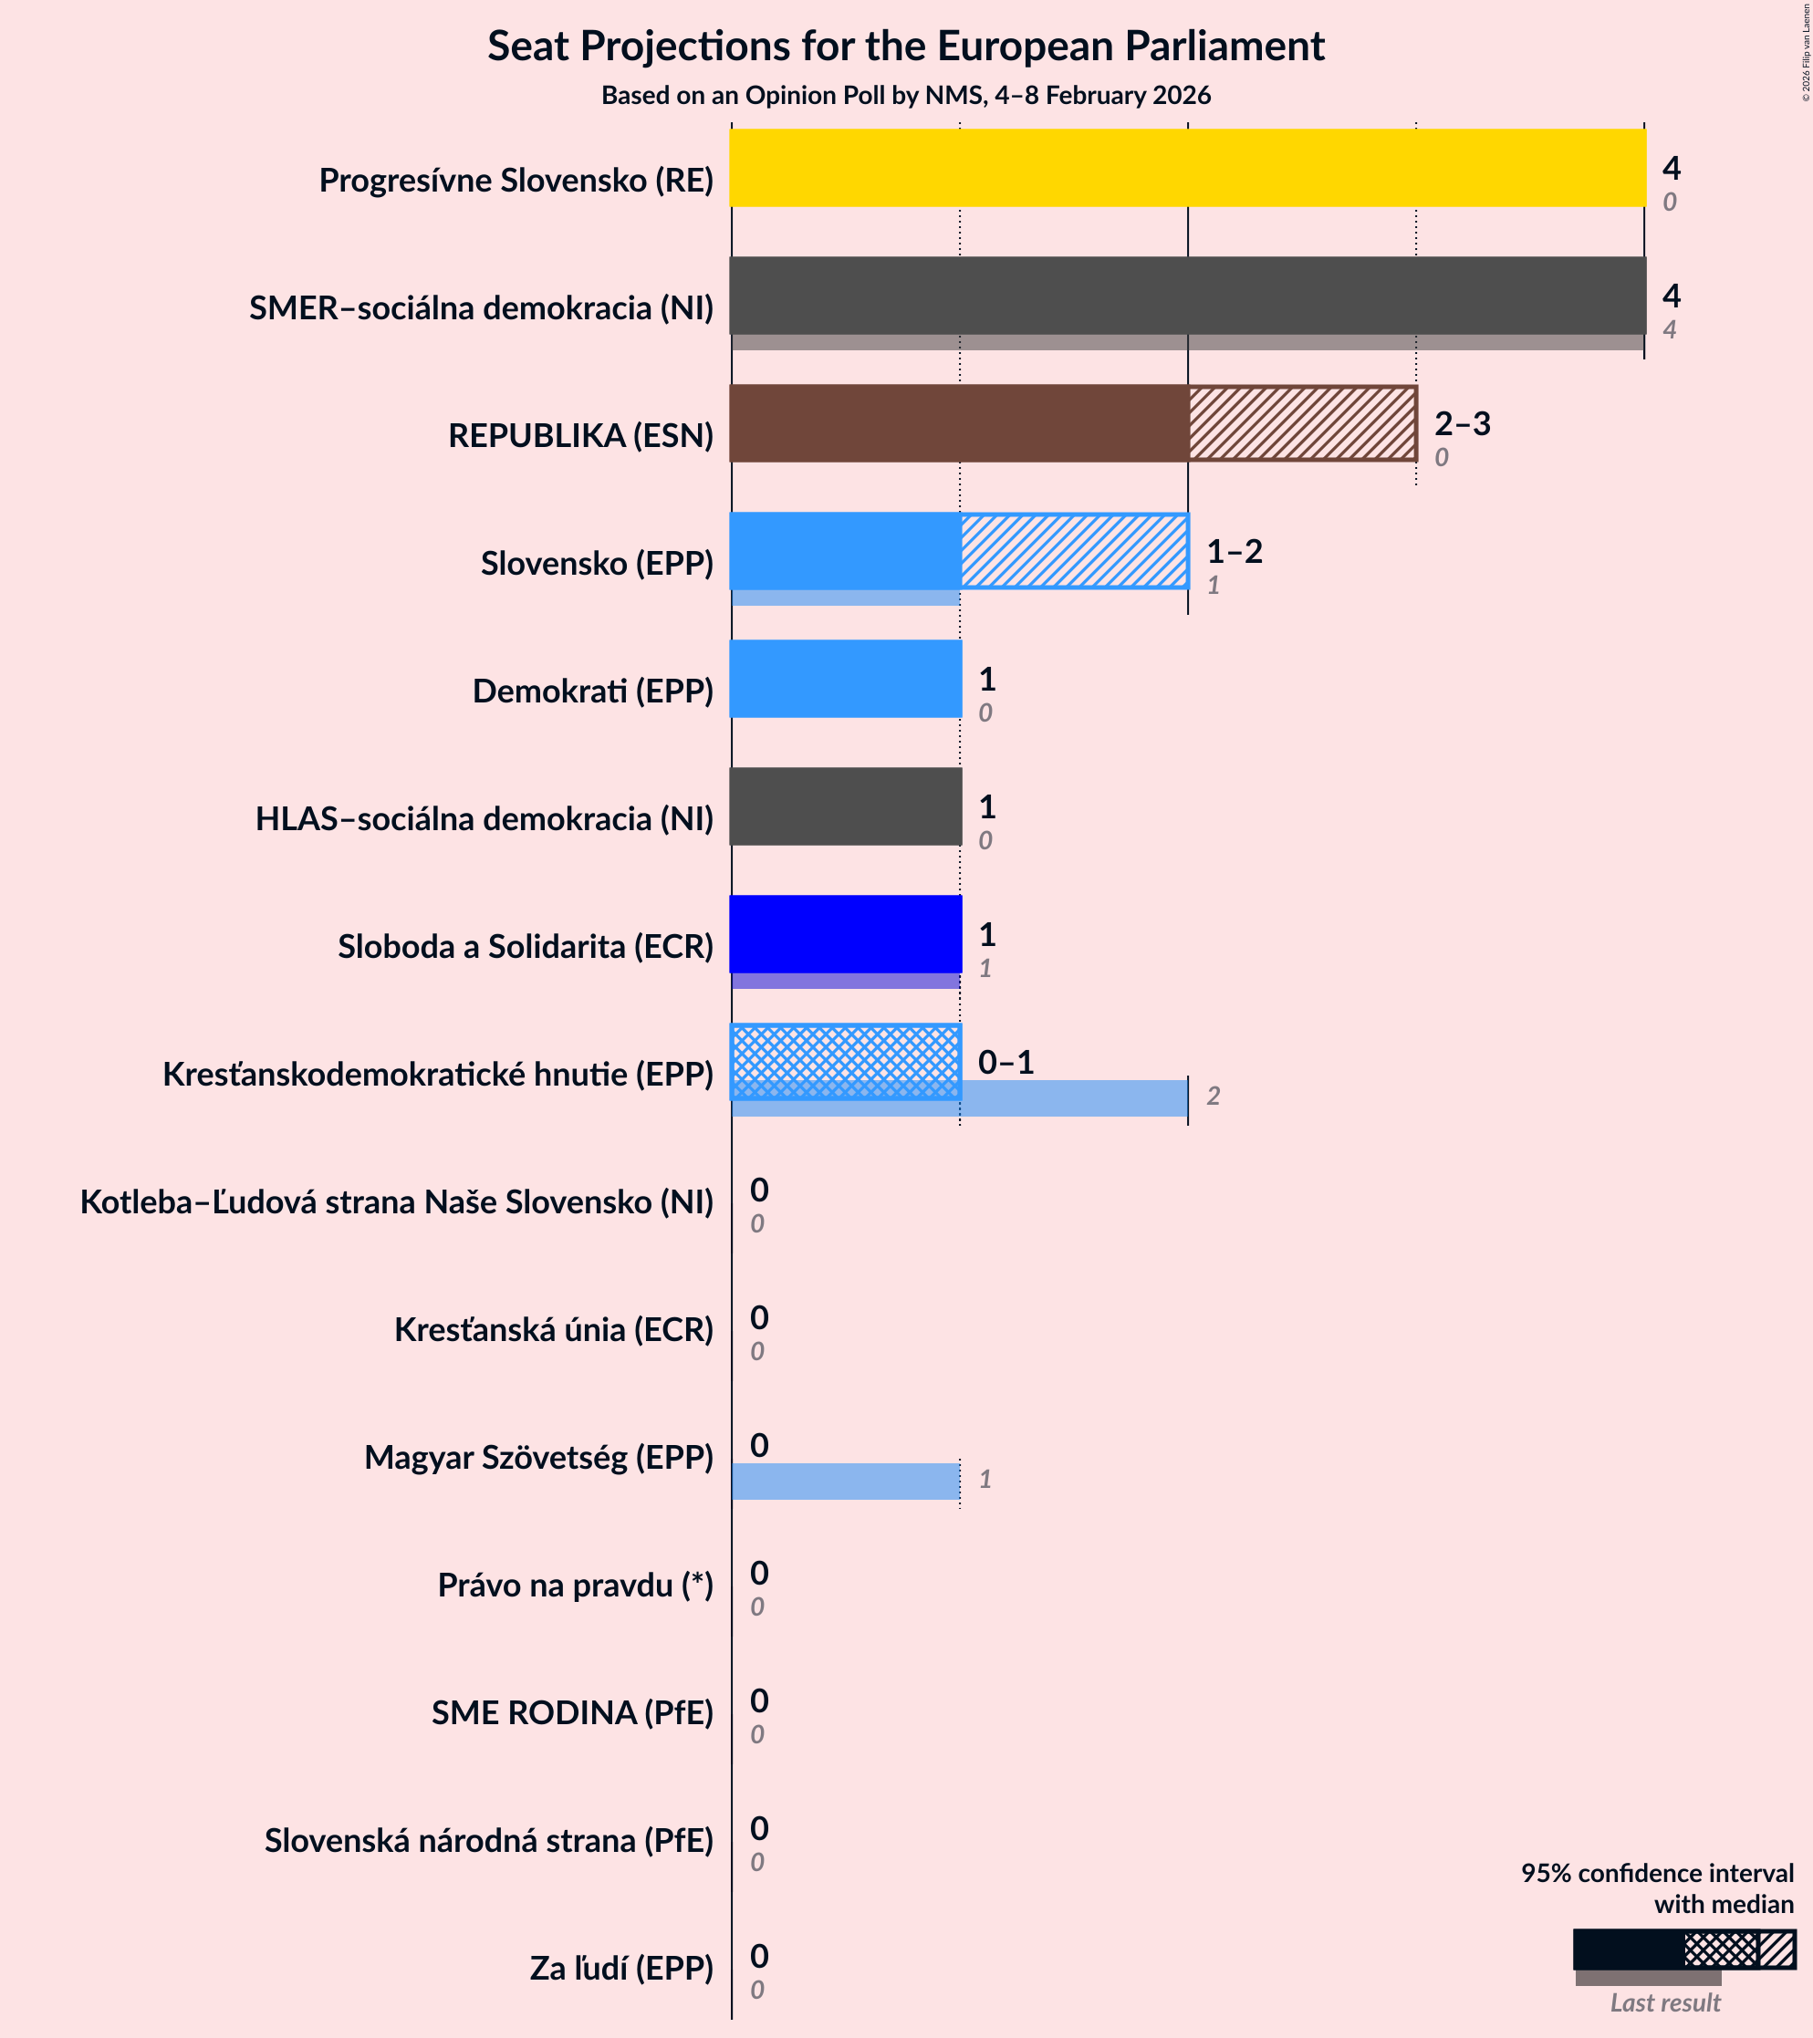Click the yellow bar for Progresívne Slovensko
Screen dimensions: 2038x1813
click(1187, 168)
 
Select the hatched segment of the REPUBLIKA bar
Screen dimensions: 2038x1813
click(1301, 422)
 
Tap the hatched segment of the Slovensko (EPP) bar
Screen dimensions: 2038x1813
click(1074, 550)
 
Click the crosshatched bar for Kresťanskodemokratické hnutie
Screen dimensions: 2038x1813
click(846, 1061)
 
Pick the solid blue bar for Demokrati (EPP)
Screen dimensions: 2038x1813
click(846, 678)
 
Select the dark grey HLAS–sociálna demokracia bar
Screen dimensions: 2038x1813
click(846, 806)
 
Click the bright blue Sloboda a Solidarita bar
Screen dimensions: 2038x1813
click(846, 933)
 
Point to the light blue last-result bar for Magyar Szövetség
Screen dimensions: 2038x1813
click(846, 1481)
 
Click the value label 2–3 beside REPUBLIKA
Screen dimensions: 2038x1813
click(1462, 424)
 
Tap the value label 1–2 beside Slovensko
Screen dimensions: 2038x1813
click(1234, 551)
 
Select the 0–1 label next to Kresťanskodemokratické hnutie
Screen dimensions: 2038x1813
click(1005, 1062)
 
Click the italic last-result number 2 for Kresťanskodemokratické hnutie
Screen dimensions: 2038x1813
click(1213, 1097)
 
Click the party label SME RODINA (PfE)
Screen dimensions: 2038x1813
click(572, 1712)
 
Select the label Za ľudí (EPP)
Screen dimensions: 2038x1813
click(621, 1967)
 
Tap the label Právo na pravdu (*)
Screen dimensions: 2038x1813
click(576, 1585)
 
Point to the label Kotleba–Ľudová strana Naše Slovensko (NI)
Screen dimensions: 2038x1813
click(397, 1201)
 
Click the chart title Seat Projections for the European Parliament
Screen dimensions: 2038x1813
click(905, 46)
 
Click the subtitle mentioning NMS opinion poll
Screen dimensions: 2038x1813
click(905, 96)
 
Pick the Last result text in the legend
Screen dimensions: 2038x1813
click(1664, 2002)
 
